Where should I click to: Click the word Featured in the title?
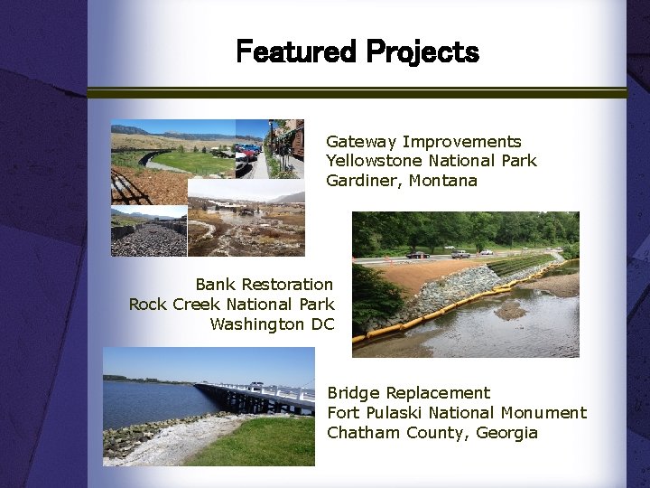(x=295, y=52)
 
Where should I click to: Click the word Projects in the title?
(x=422, y=52)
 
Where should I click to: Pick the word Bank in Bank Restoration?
(x=214, y=285)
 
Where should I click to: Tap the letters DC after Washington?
(x=321, y=324)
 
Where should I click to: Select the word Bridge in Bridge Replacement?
(x=353, y=393)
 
